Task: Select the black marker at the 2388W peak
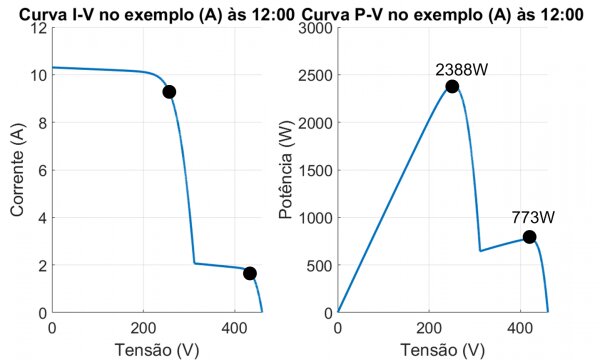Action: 452,86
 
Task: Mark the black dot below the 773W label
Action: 529,237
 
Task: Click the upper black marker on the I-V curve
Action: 169,92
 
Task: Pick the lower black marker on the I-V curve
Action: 249,273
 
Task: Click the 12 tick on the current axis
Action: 37,28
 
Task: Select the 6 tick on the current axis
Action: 41,170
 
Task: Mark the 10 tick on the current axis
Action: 37,75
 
